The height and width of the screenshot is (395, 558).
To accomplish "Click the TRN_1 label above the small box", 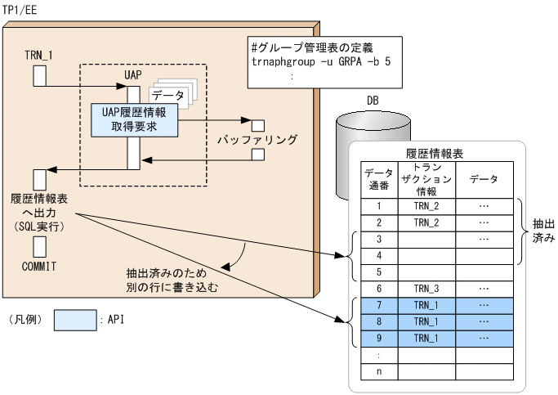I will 38,55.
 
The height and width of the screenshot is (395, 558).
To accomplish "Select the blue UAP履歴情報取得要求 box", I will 135,119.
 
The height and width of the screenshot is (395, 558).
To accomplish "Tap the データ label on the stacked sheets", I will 168,96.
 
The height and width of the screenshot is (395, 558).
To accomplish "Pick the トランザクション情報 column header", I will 426,179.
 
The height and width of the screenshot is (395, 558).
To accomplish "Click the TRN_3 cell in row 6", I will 426,289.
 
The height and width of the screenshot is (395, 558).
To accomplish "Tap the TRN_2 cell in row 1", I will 426,206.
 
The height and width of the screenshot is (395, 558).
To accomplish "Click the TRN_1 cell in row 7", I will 426,305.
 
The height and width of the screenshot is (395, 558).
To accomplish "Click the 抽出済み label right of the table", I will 543,230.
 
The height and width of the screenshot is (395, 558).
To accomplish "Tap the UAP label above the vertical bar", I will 133,75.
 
